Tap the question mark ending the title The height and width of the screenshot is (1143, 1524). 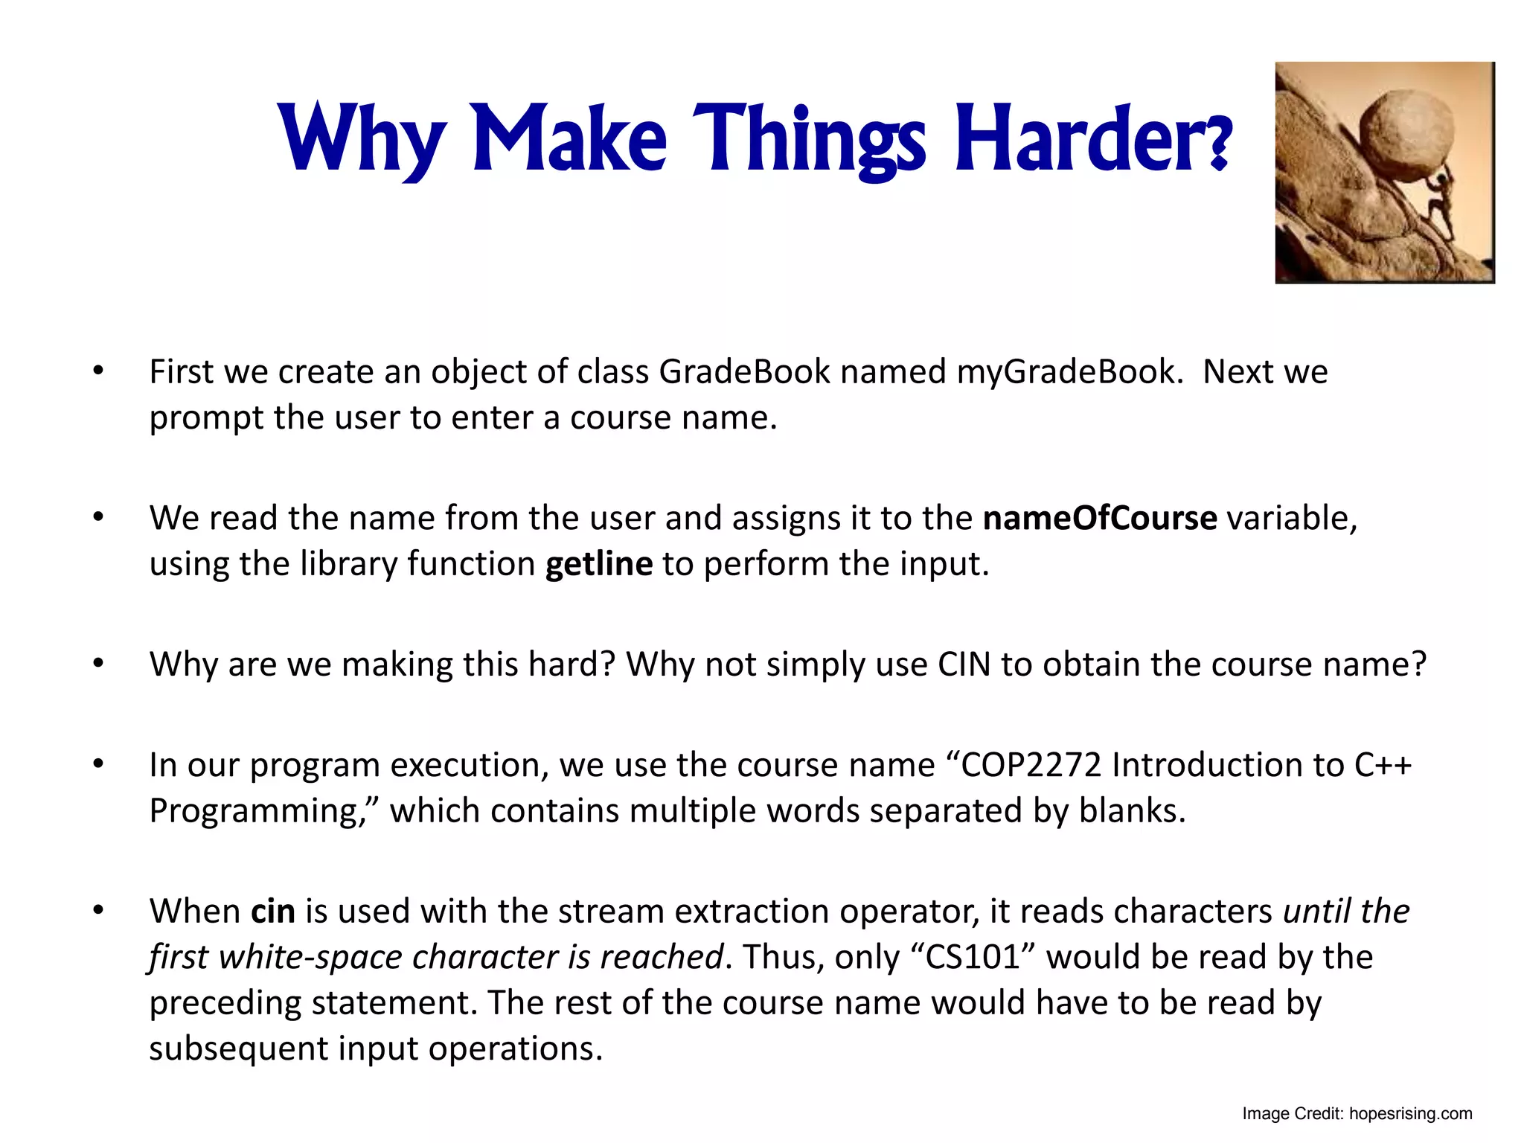1217,143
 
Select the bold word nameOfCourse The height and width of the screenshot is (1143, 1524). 1099,518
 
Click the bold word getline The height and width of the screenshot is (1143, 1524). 598,564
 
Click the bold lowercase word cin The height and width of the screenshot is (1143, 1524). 272,912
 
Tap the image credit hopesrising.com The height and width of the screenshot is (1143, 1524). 1410,1114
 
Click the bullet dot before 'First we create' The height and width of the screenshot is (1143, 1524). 98,371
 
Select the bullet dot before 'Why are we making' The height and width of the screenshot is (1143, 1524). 98,663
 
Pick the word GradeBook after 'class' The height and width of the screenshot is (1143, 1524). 744,372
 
